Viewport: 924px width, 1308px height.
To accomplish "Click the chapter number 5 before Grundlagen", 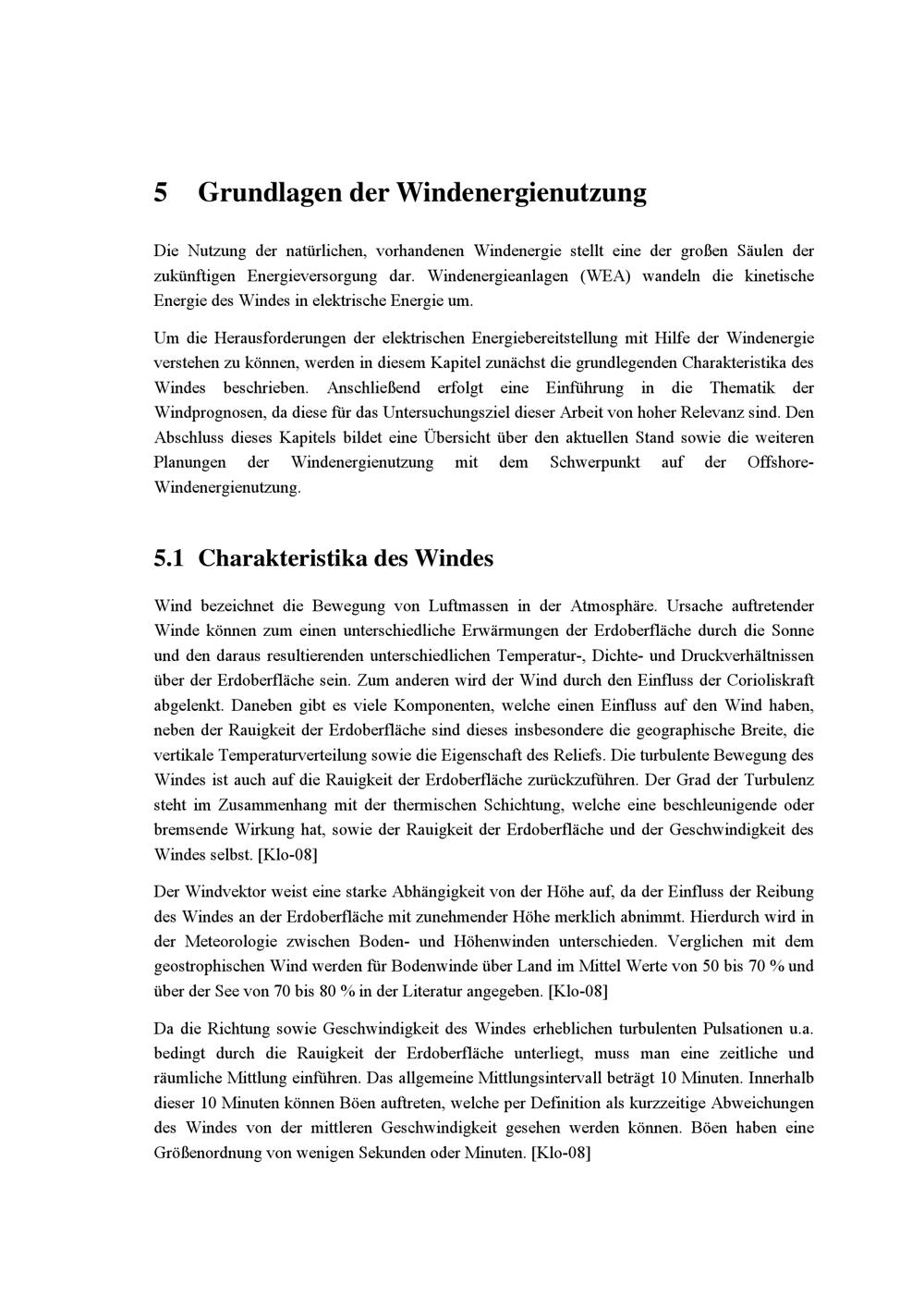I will tap(161, 193).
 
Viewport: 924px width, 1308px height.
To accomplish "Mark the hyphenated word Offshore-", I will tap(780, 462).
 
